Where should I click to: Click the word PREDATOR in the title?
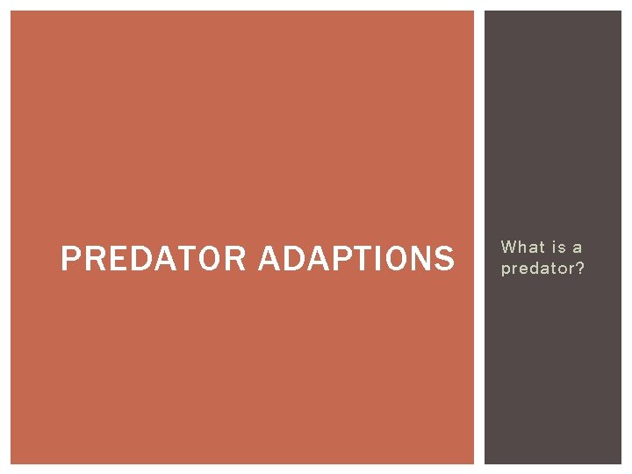pos(154,259)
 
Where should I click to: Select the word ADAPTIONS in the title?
pos(357,259)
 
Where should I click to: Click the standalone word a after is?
pos(578,248)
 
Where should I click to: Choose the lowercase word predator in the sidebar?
pos(538,269)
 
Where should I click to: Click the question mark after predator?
pos(579,269)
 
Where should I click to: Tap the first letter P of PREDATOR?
pos(69,259)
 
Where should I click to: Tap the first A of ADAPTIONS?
pos(270,259)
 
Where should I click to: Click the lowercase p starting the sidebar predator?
pos(506,270)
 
